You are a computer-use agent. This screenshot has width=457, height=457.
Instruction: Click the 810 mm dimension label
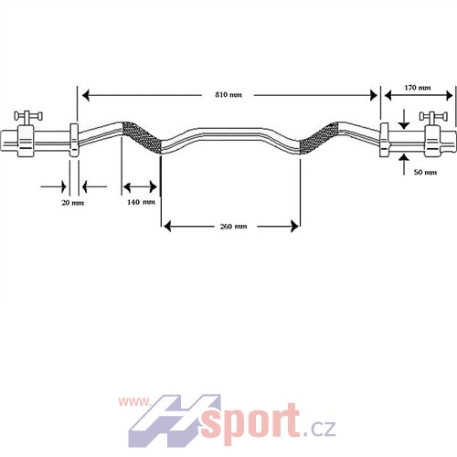228,95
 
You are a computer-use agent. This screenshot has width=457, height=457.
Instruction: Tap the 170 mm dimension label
418,88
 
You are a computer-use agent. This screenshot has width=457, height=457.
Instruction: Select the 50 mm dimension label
425,172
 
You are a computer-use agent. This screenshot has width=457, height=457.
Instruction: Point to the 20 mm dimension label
73,203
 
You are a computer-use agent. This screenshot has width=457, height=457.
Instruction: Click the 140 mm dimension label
141,202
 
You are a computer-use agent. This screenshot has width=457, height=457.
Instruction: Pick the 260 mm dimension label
233,227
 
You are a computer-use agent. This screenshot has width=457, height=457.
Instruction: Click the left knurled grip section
142,138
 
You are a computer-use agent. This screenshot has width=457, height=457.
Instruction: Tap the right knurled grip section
319,138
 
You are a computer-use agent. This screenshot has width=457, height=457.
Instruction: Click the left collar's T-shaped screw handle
28,117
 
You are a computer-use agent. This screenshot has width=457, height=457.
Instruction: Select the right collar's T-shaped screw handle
433,117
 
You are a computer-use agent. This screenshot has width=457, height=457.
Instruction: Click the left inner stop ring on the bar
74,140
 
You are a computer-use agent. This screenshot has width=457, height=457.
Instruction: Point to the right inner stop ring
385,140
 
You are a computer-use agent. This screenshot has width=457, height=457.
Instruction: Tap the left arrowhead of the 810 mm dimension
86,95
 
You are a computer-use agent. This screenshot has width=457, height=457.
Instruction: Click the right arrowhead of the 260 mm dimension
294,227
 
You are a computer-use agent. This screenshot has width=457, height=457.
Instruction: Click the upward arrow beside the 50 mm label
404,165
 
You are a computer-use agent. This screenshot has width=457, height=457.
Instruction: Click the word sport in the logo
250,423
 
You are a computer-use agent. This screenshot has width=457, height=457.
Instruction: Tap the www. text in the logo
134,402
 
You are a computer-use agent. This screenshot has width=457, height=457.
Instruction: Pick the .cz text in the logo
319,428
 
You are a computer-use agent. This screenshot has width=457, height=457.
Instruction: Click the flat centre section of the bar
230,134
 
